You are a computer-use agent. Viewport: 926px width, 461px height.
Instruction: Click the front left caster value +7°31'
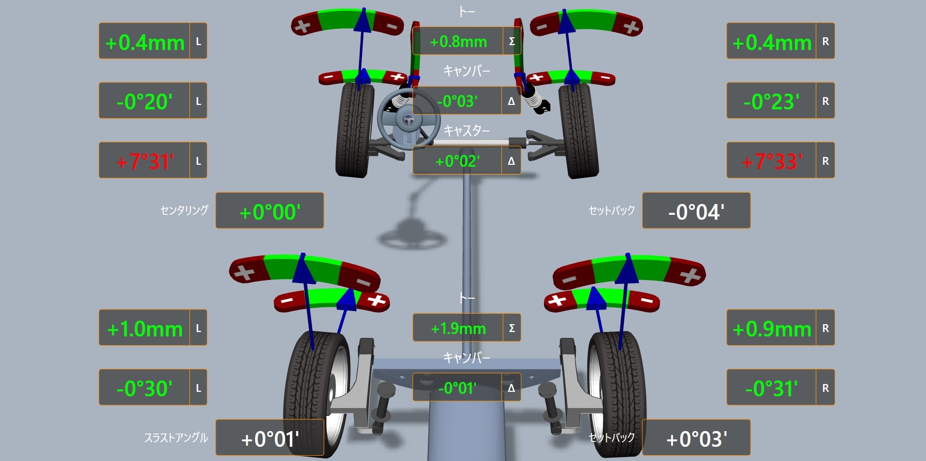pyautogui.click(x=145, y=161)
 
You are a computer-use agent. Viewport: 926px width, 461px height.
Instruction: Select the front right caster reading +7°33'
pyautogui.click(x=772, y=161)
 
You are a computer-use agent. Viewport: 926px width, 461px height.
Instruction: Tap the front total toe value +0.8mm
pyautogui.click(x=458, y=42)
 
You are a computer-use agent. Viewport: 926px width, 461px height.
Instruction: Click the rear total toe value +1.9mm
pyautogui.click(x=458, y=328)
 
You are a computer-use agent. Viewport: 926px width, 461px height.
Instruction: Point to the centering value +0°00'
pyautogui.click(x=270, y=212)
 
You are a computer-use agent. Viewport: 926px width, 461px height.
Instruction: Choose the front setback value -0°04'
pyautogui.click(x=696, y=212)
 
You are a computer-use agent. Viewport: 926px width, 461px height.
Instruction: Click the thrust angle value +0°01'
pyautogui.click(x=270, y=439)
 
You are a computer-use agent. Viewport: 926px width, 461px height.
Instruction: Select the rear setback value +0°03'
pyautogui.click(x=696, y=439)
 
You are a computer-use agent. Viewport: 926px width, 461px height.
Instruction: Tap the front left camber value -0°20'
pyautogui.click(x=145, y=102)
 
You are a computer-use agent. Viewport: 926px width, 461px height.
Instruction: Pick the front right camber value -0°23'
pyautogui.click(x=772, y=102)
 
